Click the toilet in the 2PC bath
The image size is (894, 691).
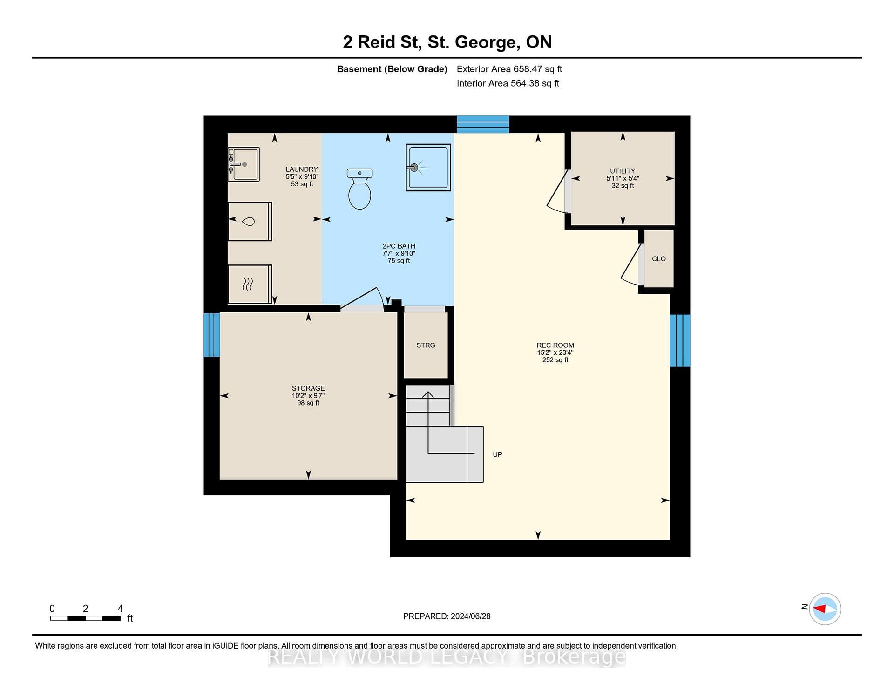359,189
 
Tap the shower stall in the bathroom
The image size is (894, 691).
428,168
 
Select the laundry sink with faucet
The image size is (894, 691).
244,164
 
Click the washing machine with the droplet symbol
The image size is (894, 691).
250,222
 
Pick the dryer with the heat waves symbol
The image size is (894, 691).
250,285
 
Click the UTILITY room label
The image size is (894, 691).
623,171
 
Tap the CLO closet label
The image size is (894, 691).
659,259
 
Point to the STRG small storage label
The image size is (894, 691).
426,345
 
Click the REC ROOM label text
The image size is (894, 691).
555,345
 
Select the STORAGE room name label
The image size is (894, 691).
308,388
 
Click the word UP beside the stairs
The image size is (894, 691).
497,454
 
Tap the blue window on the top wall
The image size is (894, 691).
483,124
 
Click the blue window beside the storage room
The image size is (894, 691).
212,335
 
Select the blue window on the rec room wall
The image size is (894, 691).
680,340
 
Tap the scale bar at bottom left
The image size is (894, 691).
85,618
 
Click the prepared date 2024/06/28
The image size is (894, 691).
470,616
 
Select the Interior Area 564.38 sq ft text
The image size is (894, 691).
508,83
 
